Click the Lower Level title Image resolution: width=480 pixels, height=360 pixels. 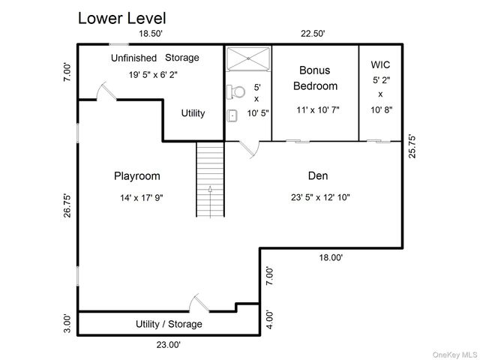121,18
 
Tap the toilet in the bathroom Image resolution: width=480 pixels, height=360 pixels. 235,91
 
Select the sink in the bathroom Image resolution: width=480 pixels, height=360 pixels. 232,116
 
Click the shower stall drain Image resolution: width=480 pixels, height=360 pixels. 248,58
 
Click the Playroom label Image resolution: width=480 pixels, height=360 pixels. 137,176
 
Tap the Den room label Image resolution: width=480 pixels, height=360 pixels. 318,175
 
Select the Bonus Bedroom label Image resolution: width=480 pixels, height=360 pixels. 315,78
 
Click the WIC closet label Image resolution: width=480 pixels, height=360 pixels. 380,64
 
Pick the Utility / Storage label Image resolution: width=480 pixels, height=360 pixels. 169,324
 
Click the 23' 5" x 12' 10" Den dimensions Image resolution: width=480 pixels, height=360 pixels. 320,197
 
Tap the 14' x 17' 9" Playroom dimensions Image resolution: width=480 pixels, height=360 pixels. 142,198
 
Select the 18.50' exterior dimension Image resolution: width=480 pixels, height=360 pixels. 151,33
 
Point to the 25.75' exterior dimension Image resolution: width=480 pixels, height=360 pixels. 412,147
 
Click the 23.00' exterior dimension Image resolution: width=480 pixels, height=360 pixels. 168,345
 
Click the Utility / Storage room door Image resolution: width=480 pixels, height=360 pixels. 199,303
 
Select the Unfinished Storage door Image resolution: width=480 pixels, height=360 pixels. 106,91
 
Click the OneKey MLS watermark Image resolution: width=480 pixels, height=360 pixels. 455,355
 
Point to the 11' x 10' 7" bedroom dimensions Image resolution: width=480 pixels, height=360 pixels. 318,109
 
